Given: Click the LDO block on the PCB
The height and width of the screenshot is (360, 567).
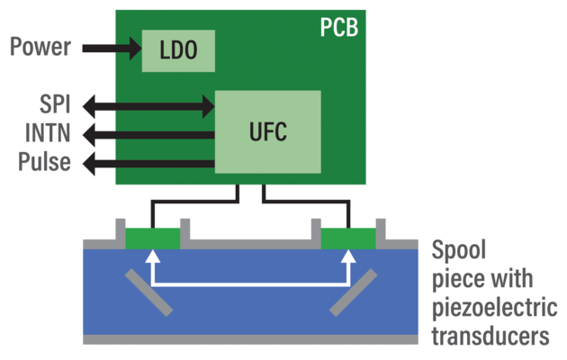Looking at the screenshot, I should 178,50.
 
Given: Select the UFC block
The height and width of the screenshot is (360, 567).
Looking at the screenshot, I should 268,131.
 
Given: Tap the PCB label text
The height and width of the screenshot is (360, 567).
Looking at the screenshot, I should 338,27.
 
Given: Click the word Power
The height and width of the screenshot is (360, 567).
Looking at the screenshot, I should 40,46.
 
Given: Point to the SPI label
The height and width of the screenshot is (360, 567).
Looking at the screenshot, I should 55,106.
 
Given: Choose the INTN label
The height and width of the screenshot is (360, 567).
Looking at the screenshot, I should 49,135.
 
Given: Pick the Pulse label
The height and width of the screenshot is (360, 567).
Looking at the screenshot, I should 45,164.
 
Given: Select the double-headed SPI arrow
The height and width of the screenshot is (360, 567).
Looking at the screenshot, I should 148,106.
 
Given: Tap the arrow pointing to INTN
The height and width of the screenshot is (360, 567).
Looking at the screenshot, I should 148,135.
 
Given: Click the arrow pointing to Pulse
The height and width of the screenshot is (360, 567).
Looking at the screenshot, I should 148,164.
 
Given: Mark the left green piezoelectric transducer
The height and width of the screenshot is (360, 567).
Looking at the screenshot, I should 152,238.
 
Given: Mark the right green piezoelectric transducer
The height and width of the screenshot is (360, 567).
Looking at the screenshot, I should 348,238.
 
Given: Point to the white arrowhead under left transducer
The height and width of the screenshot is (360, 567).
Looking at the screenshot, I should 152,257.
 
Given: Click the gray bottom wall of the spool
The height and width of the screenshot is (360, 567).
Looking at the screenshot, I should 250,340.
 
